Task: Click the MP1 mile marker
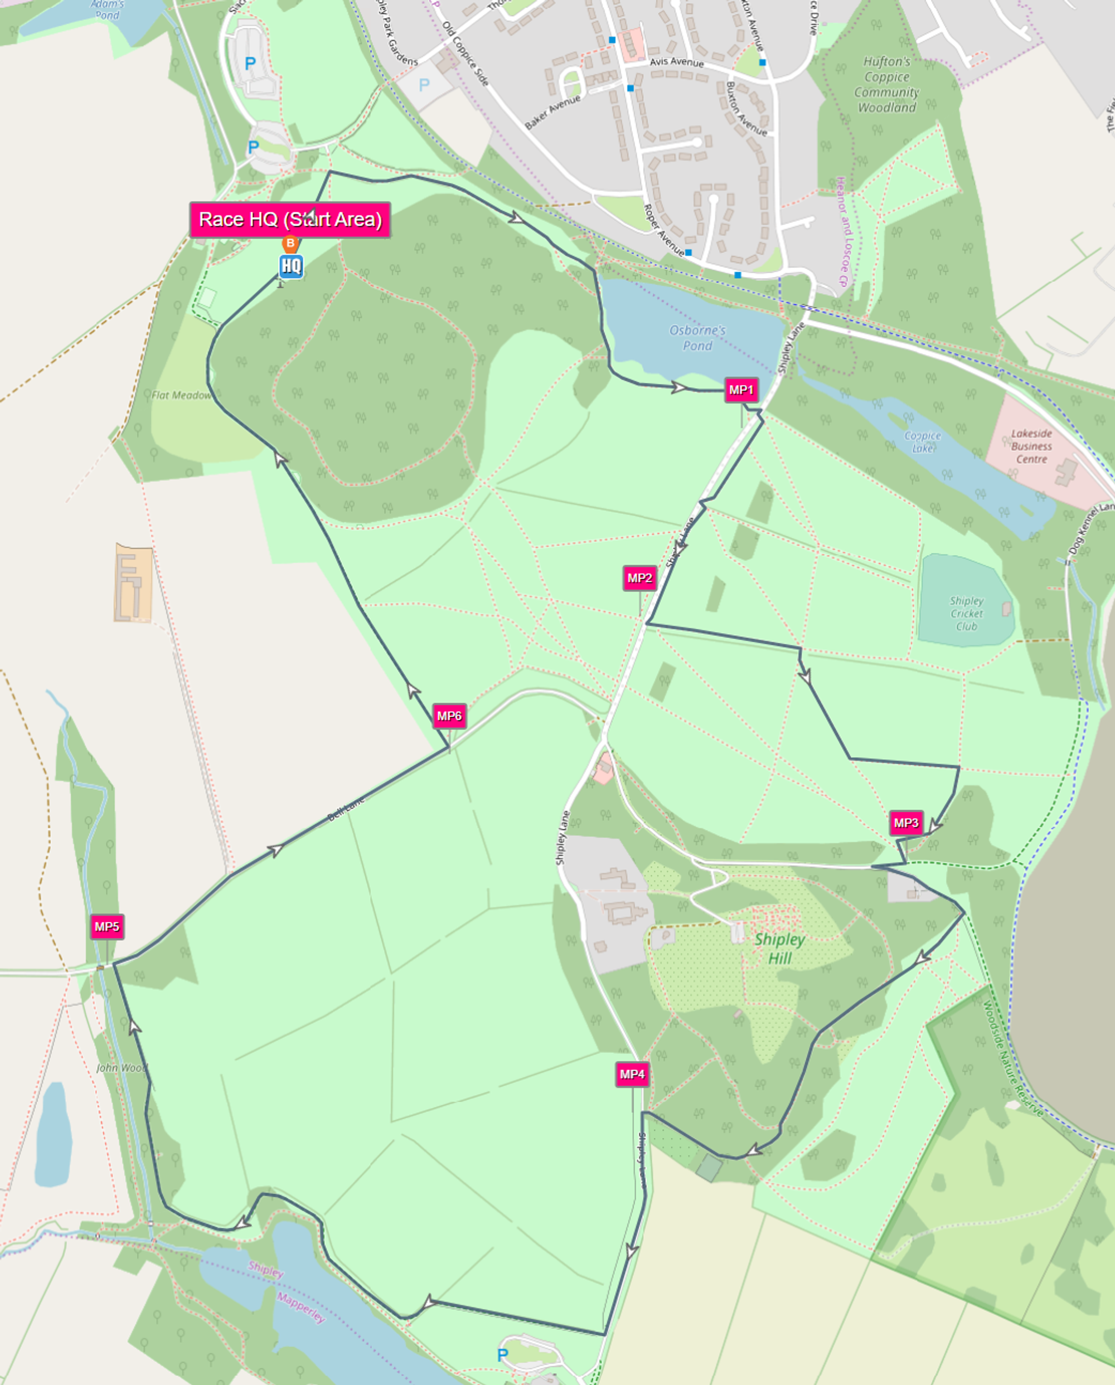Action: (740, 390)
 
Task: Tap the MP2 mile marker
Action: (639, 578)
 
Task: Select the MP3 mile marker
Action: (906, 823)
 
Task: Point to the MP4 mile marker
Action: (632, 1074)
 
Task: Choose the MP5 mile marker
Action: (106, 926)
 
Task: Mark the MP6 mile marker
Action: (449, 716)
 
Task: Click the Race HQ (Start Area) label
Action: (290, 220)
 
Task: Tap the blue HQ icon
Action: (291, 266)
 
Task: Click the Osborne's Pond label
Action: (697, 338)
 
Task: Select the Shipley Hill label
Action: (779, 948)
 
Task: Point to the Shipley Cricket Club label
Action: (967, 614)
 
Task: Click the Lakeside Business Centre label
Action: (1031, 446)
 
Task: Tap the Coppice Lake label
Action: (922, 441)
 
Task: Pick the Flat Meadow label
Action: (181, 395)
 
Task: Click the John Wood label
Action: (122, 1068)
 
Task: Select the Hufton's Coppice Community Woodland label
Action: (886, 84)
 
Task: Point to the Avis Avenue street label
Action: (676, 62)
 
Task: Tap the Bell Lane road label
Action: (346, 809)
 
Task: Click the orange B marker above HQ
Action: (290, 244)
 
